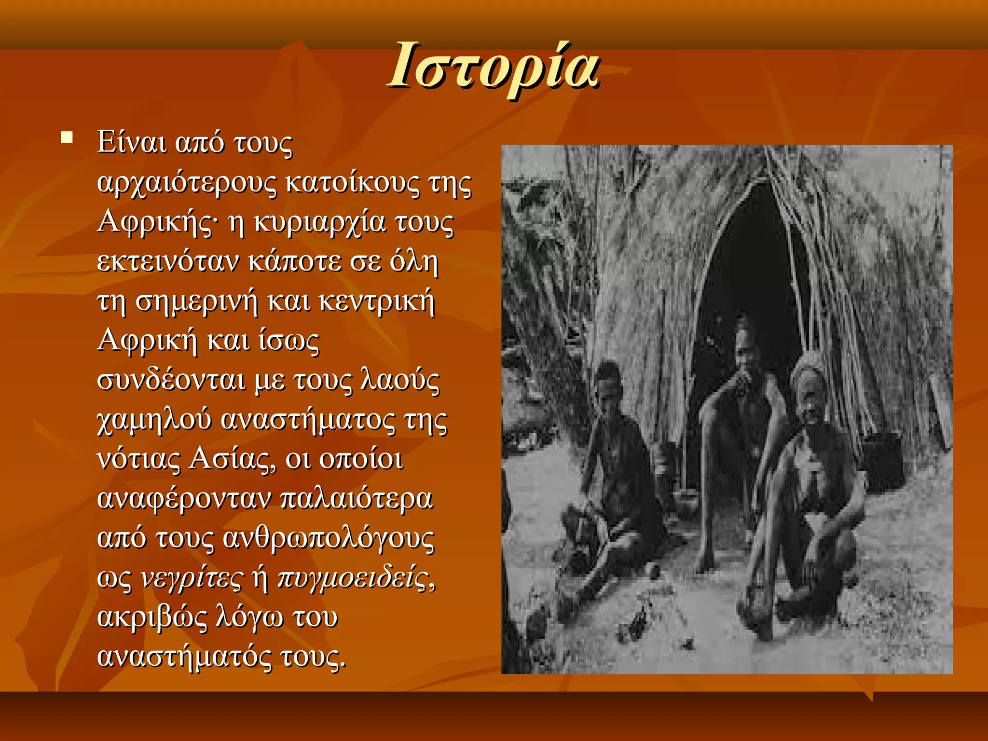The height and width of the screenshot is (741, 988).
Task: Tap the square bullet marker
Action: click(x=67, y=138)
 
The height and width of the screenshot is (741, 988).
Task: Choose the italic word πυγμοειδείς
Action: click(x=355, y=578)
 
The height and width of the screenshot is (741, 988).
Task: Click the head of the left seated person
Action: click(x=607, y=382)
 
